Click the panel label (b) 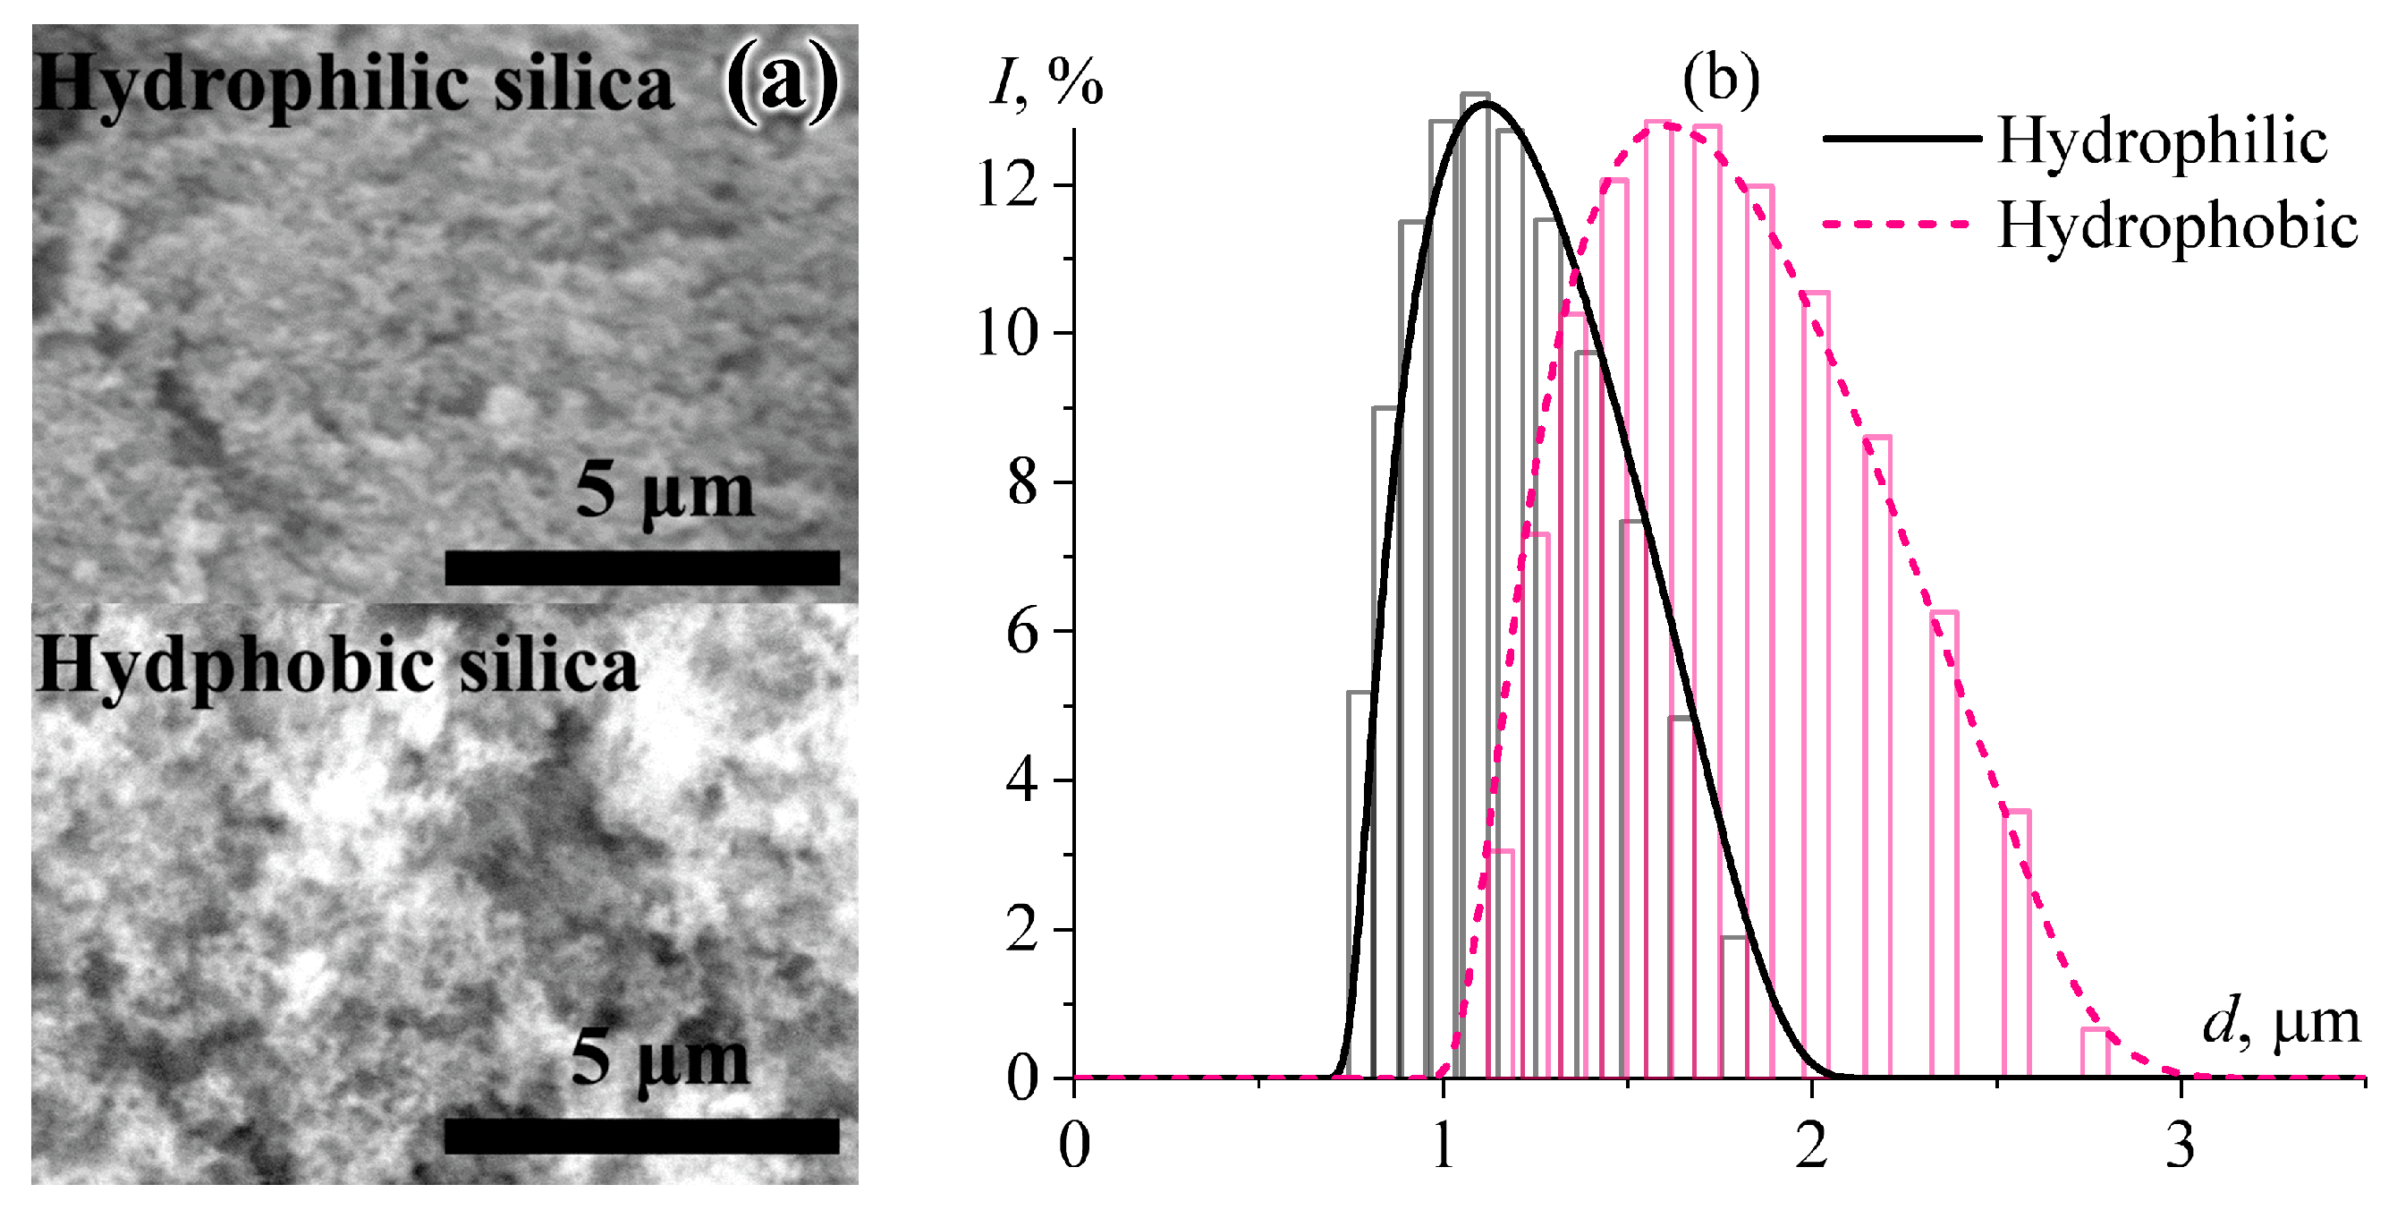click(1721, 79)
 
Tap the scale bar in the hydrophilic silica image click(642, 567)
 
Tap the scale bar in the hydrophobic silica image click(642, 1136)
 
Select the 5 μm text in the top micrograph click(665, 492)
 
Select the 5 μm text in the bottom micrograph click(660, 1061)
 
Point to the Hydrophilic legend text click(2163, 142)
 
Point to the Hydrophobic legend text click(2177, 226)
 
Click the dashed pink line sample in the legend click(1897, 224)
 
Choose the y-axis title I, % click(1046, 84)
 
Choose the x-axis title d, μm click(2282, 1024)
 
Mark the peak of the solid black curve click(1485, 103)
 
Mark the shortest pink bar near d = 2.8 click(2096, 1052)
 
